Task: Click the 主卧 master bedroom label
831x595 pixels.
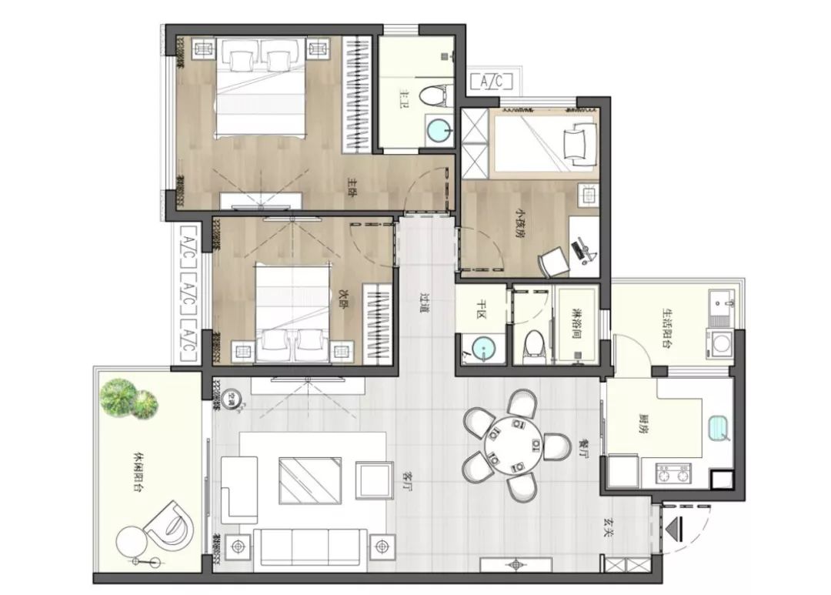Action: coord(352,186)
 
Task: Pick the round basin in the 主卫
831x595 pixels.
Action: coord(439,129)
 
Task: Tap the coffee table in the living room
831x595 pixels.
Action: coord(309,480)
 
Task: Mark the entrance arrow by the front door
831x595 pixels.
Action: coord(675,530)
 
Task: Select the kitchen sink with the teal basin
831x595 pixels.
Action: coord(719,427)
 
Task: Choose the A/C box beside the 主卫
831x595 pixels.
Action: coord(486,82)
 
